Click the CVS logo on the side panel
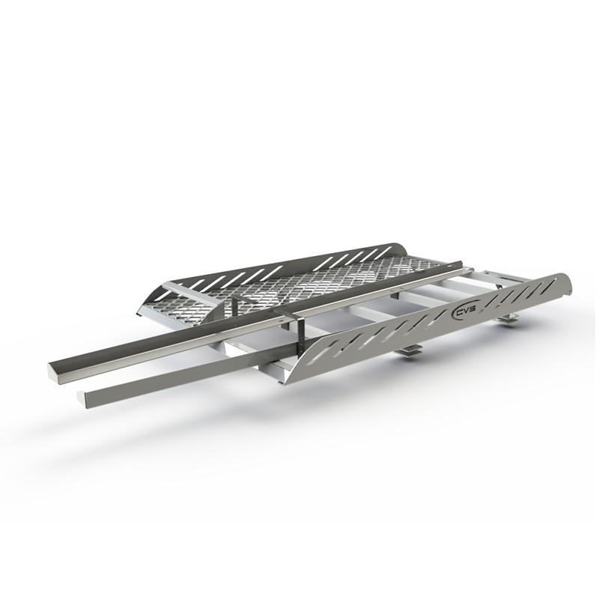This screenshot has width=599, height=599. point(463,313)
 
